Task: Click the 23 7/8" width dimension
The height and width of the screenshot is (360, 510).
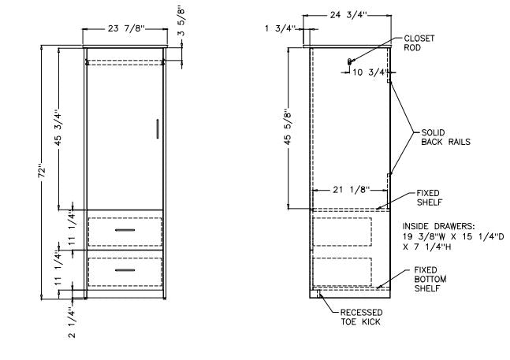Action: [124, 30]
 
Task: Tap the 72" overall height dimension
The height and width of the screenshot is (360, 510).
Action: [49, 173]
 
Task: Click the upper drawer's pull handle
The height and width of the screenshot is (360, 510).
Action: [125, 229]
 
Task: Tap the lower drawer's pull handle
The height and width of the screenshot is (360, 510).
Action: [125, 270]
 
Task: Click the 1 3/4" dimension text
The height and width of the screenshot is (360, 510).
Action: [281, 28]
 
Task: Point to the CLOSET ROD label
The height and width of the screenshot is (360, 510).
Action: [419, 43]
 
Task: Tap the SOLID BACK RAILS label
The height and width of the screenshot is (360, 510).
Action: [445, 137]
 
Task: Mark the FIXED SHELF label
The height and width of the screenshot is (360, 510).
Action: [428, 197]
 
